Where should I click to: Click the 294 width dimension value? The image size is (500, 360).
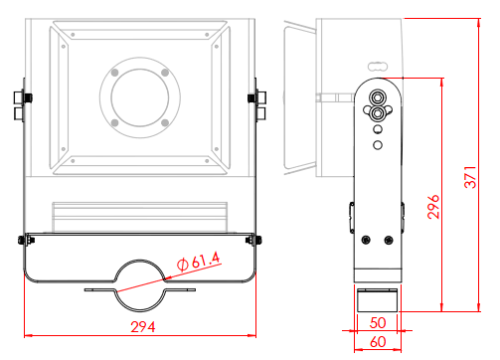(143, 327)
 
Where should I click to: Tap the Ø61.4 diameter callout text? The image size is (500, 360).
(199, 262)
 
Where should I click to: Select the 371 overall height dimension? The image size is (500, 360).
(470, 177)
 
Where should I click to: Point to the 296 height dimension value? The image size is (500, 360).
(433, 207)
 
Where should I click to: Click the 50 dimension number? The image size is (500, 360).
(378, 323)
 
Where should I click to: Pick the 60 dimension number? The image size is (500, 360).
(378, 342)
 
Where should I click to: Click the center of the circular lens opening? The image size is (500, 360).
(140, 97)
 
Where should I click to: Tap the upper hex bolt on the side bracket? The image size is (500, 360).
(377, 97)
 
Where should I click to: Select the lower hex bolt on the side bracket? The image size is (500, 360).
(377, 113)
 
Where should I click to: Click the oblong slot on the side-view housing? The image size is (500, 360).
(378, 67)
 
